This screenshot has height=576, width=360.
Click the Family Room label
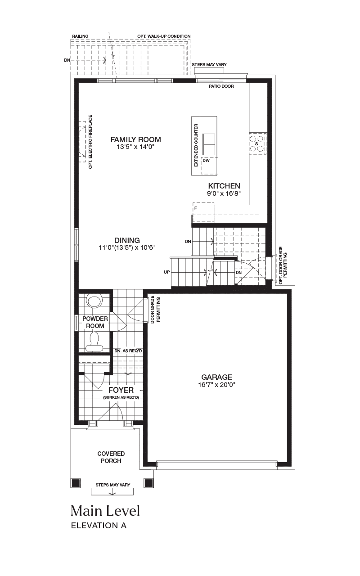pyautogui.click(x=136, y=139)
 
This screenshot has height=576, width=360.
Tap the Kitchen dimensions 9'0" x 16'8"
pyautogui.click(x=224, y=193)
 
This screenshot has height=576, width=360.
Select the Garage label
pyautogui.click(x=217, y=377)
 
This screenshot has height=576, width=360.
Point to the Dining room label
pyautogui.click(x=127, y=240)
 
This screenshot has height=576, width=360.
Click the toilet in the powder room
pyautogui.click(x=94, y=342)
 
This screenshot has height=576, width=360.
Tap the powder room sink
pyautogui.click(x=94, y=301)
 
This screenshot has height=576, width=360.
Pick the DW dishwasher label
pyautogui.click(x=206, y=161)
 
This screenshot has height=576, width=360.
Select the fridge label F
pyautogui.click(x=196, y=208)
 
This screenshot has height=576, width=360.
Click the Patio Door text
pyautogui.click(x=221, y=86)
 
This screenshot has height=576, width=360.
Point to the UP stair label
pyautogui.click(x=167, y=272)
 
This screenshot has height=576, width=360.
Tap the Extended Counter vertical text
pyautogui.click(x=196, y=145)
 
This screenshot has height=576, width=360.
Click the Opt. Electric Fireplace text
pyautogui.click(x=90, y=142)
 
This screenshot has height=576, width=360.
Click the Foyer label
pyautogui.click(x=121, y=390)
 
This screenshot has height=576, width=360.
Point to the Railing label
pyautogui.click(x=80, y=36)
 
